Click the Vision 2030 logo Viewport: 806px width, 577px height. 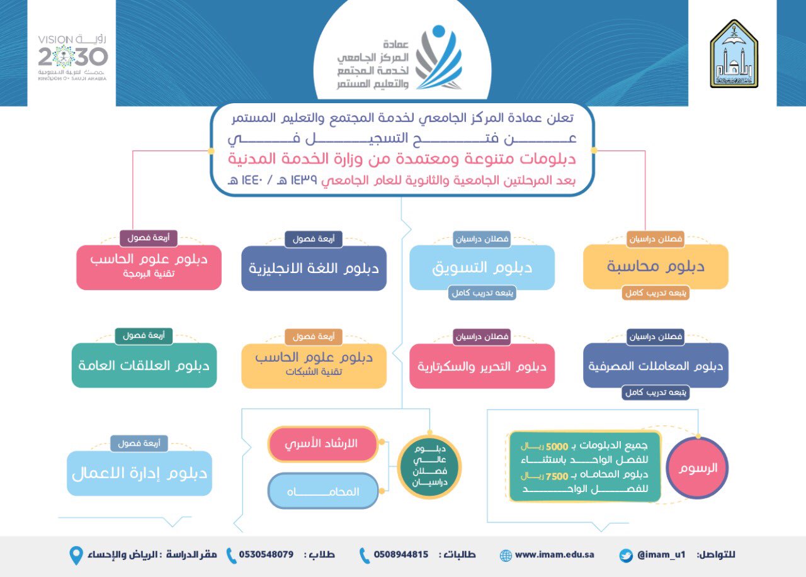pos(72,57)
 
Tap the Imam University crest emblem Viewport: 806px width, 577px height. pos(734,54)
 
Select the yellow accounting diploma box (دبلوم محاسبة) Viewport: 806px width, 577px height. pos(656,266)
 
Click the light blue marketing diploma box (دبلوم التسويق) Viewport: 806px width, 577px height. pos(482,267)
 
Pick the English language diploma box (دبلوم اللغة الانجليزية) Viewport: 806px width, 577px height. pos(314,268)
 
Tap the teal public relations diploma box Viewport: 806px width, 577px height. pos(144,365)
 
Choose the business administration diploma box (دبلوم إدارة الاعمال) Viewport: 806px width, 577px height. pos(139,473)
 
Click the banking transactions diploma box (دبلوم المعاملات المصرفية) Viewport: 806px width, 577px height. pos(656,365)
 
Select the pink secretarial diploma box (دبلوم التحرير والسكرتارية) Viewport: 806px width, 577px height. pos(482,366)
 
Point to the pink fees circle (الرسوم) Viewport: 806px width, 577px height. pos(697,468)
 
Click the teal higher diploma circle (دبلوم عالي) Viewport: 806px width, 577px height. pos(429,467)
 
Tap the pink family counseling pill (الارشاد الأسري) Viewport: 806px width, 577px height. pos(323,444)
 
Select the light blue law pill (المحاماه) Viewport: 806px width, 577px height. pos(323,491)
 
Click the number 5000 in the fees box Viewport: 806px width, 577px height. pos(557,447)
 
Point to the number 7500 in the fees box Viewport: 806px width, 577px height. pos(557,476)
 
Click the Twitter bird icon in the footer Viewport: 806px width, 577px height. pos(626,556)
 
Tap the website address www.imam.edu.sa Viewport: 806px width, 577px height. pos(555,554)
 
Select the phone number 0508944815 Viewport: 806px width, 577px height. pos(401,554)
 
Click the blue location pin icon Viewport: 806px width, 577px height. pos(76,556)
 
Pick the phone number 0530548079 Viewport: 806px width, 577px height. pos(266,554)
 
